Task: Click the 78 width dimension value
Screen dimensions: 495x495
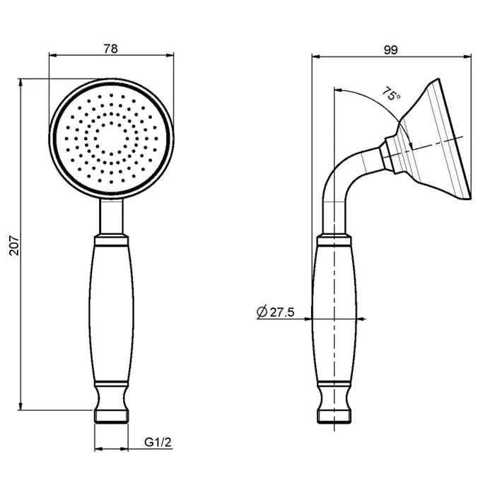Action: click(x=110, y=49)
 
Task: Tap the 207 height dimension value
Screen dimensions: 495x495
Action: click(x=15, y=245)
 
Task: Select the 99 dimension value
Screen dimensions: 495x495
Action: click(x=391, y=50)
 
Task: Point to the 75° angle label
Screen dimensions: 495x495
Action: click(x=391, y=94)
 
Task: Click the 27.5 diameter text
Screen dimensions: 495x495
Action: click(x=282, y=313)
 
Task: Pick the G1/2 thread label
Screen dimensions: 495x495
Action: click(x=158, y=442)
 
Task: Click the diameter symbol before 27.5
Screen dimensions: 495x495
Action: click(x=262, y=312)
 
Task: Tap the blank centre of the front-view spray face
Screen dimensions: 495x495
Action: click(x=111, y=139)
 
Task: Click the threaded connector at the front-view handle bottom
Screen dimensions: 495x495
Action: click(x=112, y=417)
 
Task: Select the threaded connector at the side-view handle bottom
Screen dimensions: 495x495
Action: click(x=334, y=417)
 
